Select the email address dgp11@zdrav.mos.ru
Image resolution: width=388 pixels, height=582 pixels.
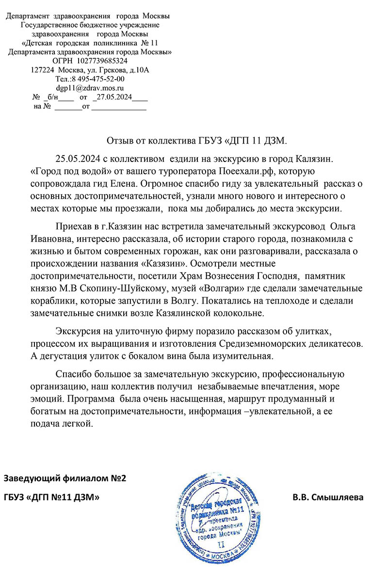90,88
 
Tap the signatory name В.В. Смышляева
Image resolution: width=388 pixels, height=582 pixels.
328,497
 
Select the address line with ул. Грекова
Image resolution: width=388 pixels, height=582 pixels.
90,70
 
